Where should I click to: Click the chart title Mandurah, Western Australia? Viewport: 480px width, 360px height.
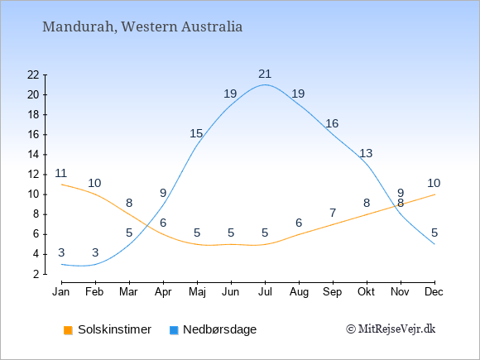coord(142,26)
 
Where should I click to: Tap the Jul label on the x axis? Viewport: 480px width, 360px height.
coord(265,292)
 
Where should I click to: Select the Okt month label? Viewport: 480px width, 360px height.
coord(366,292)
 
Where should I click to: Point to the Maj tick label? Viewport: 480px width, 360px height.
coord(197,292)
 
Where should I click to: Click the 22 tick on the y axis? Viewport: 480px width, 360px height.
coord(33,74)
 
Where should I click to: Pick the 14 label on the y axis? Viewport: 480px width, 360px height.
coord(33,155)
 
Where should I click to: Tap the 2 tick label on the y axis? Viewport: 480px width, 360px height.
coord(36,274)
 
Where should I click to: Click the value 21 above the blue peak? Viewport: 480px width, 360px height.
coord(265,74)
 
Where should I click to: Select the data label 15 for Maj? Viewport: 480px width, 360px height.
coord(196,133)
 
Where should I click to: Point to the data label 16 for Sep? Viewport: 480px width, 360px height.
coord(332,123)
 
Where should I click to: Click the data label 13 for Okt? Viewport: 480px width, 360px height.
coord(366,153)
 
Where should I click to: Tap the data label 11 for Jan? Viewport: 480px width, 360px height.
coord(61,173)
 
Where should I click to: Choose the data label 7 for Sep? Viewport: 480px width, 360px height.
coord(333,213)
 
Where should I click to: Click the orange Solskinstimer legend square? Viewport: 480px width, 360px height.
coord(68,330)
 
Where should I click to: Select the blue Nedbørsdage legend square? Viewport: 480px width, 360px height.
coord(174,330)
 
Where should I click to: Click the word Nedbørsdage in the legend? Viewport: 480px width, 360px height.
coord(219,329)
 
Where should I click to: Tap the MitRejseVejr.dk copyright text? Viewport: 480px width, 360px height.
coord(391,329)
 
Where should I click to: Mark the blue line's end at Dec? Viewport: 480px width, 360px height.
coord(434,244)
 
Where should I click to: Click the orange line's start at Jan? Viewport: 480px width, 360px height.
coord(62,185)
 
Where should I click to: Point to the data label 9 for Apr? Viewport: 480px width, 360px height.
coord(163,193)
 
